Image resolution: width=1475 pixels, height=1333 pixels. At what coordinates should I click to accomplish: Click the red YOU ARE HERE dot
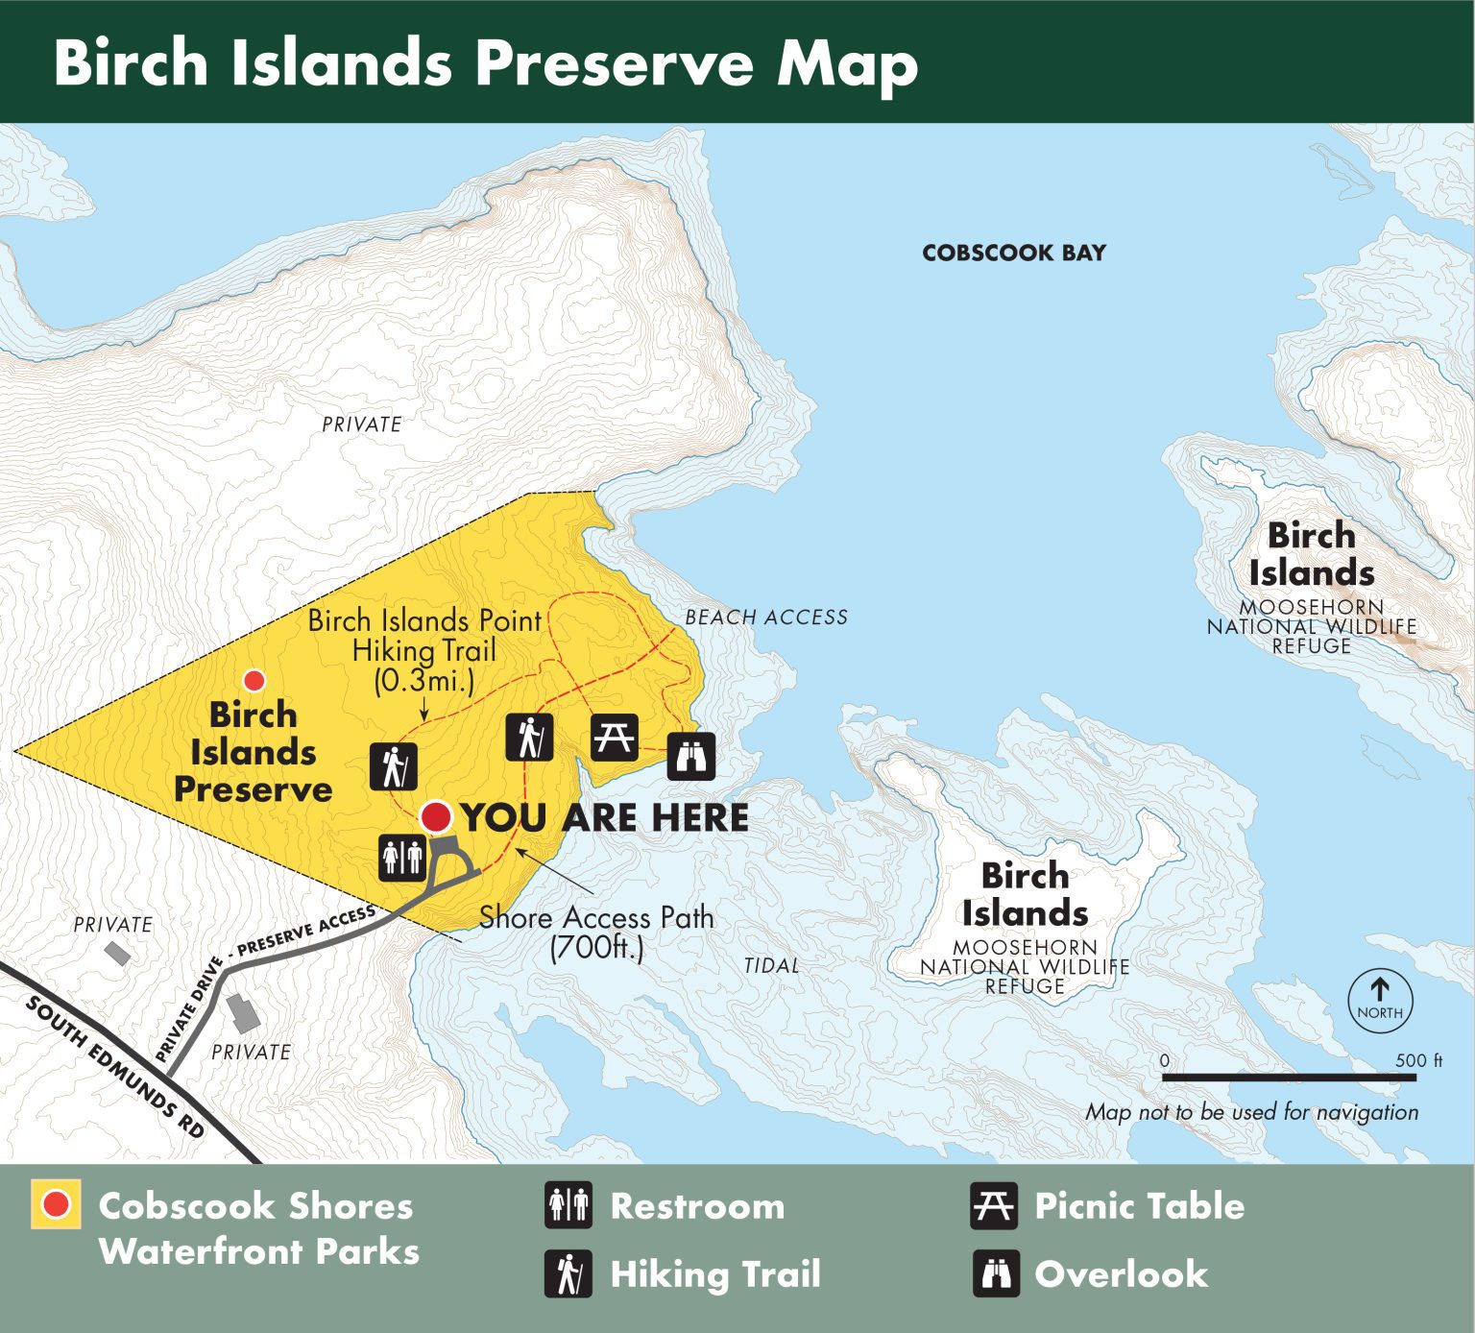(x=436, y=816)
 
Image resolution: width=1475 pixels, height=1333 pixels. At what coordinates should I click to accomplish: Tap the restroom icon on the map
(x=402, y=856)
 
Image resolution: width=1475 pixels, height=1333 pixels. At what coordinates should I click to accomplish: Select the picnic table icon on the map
(x=614, y=739)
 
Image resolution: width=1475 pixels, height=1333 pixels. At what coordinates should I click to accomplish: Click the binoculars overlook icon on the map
(x=690, y=756)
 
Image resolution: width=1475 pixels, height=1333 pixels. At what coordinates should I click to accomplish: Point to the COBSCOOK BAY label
(x=1013, y=253)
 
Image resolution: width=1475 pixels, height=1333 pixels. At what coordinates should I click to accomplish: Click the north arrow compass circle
(x=1380, y=1001)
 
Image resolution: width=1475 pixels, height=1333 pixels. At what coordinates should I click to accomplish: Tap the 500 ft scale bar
(x=1289, y=1078)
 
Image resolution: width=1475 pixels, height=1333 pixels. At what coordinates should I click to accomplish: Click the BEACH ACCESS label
(x=765, y=618)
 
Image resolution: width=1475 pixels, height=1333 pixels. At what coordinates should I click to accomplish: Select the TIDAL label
(x=771, y=965)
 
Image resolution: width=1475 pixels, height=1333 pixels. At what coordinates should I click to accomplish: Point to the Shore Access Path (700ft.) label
(x=596, y=932)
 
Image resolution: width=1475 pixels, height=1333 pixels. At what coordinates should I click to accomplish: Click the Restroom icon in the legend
(x=568, y=1205)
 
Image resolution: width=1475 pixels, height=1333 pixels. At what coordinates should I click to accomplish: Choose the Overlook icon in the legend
(x=995, y=1274)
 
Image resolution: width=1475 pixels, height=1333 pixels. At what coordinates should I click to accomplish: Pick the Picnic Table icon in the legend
(x=993, y=1205)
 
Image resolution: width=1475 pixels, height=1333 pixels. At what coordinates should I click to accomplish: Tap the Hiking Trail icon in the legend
(x=568, y=1274)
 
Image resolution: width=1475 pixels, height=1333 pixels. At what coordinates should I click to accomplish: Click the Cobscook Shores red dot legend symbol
(x=56, y=1204)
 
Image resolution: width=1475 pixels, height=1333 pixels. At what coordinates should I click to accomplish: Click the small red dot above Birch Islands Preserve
(x=254, y=681)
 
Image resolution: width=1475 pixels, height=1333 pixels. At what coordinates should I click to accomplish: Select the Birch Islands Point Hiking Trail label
(x=424, y=649)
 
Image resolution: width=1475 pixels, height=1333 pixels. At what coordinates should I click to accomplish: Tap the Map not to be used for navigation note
(x=1251, y=1112)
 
